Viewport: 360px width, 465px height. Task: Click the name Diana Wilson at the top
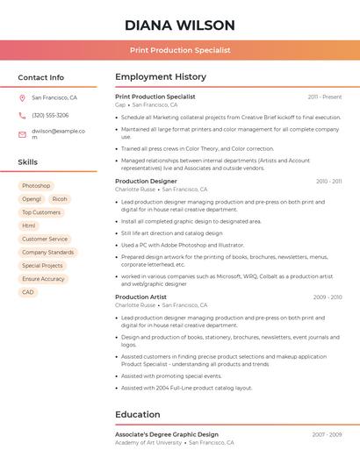coord(180,25)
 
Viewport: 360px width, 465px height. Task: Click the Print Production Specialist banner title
coord(180,50)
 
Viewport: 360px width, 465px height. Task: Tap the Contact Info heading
coord(41,77)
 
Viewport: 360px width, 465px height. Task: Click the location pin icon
coord(22,98)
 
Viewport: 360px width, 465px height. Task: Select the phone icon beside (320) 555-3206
coord(22,116)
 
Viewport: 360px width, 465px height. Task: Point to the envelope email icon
coord(22,134)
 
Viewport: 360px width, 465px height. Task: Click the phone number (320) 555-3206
coord(50,116)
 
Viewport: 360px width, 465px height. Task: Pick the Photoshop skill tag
coord(36,186)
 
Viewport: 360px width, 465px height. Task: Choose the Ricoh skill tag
coord(60,199)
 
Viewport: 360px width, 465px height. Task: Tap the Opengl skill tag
coord(32,199)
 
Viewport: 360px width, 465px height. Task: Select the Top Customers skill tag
coord(41,212)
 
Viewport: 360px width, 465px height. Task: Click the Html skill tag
coord(29,225)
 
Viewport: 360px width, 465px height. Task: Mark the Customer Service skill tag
coord(45,239)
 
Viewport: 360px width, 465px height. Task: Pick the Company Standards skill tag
coord(48,252)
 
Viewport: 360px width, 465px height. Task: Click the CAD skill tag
coord(28,292)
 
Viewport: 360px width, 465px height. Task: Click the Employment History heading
coord(161,77)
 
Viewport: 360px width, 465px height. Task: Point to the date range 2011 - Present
coord(325,97)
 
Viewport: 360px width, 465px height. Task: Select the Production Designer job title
coord(146,181)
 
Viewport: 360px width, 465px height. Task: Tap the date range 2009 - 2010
coord(328,297)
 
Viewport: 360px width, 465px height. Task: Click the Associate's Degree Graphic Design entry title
coord(167,434)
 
